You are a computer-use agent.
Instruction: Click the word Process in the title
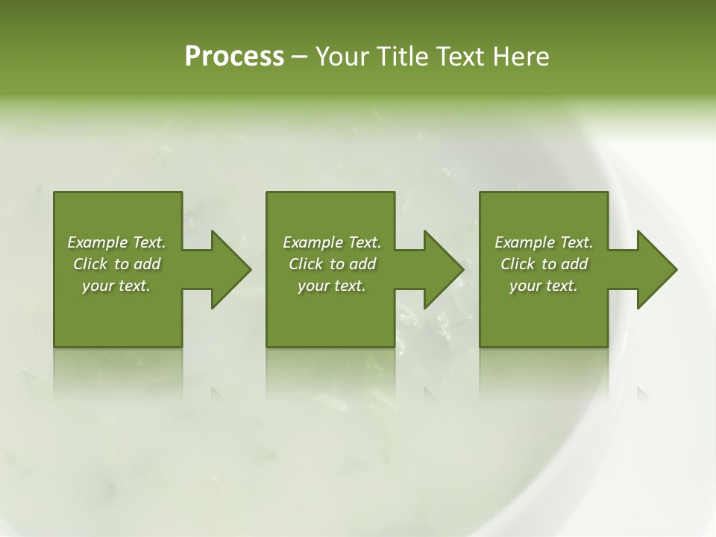(x=234, y=57)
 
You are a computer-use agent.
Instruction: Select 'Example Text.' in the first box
(x=116, y=242)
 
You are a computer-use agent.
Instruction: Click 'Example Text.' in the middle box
(x=332, y=242)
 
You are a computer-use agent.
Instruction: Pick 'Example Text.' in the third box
(x=544, y=242)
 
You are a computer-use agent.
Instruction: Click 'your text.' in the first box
(x=116, y=286)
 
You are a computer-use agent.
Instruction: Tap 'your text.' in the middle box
(x=332, y=286)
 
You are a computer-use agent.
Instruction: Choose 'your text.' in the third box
(x=544, y=286)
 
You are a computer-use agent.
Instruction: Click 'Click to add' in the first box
(x=116, y=264)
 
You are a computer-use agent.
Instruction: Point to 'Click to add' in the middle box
(x=332, y=264)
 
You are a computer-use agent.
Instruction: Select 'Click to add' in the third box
(x=544, y=264)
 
